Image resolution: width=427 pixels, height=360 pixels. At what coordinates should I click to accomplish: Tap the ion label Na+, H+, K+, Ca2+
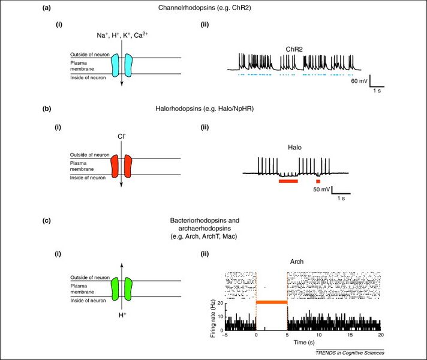[122, 36]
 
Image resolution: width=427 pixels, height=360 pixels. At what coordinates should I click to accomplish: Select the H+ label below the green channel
[122, 314]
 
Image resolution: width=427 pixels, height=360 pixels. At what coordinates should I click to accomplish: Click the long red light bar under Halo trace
[288, 180]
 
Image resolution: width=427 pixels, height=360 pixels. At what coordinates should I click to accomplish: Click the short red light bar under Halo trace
[318, 180]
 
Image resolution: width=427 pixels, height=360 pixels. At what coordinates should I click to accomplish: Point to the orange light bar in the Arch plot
[272, 302]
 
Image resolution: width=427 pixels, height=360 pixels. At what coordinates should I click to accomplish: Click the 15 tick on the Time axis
[349, 337]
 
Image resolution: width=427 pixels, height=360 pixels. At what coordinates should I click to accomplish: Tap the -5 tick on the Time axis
[224, 337]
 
